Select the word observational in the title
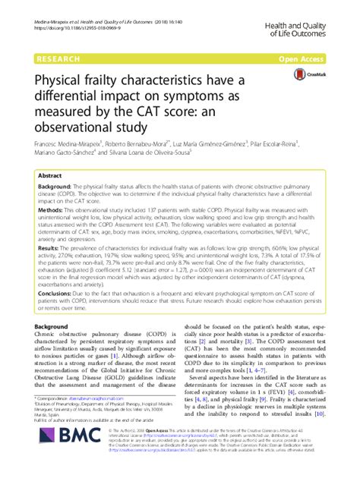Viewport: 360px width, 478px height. pos(77,126)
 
